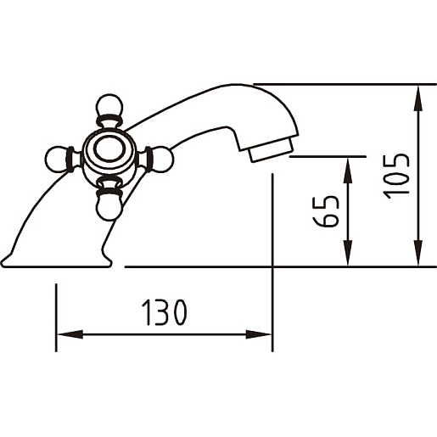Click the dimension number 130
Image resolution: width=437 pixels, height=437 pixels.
[165, 312]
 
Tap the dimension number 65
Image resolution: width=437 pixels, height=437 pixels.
[326, 211]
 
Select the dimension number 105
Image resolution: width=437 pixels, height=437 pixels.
[396, 176]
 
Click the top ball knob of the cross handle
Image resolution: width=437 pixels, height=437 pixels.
[109, 106]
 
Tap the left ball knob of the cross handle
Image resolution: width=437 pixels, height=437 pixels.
[58, 160]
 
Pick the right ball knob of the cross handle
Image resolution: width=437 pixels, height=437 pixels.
[160, 160]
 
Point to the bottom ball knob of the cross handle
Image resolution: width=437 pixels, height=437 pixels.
[109, 207]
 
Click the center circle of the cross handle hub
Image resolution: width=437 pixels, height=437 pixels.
[109, 149]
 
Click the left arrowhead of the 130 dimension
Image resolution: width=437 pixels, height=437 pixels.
[70, 334]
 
